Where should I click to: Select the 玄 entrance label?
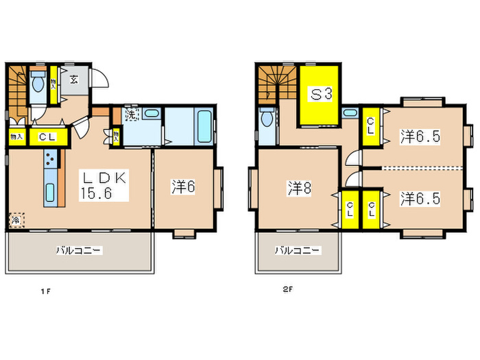tap(73, 80)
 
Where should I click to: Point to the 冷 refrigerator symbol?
tap(15, 221)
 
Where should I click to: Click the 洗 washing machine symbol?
tap(131, 114)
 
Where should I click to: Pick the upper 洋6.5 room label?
tap(420, 136)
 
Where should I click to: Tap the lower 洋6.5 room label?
tap(420, 198)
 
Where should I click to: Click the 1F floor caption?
tap(45, 291)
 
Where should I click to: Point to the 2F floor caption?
tap(287, 289)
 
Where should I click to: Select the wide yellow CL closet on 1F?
tap(47, 136)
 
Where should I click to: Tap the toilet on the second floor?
tap(267, 121)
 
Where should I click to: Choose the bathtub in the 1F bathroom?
tap(204, 125)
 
